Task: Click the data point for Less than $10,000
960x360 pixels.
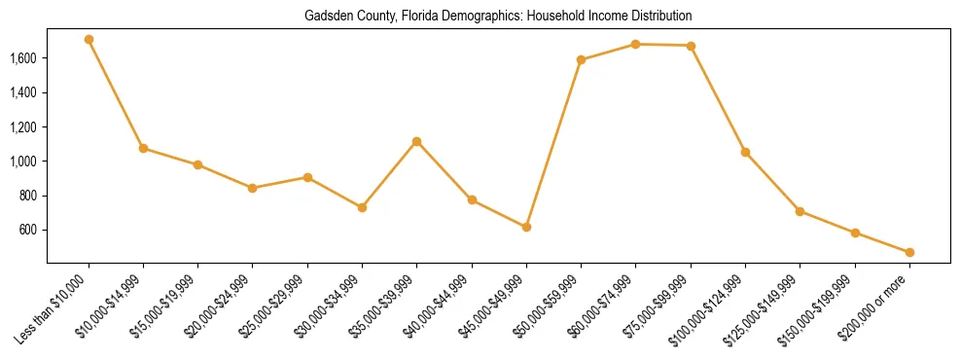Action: click(x=89, y=40)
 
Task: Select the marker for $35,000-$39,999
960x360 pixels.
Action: click(x=416, y=141)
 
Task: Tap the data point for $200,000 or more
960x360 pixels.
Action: click(x=909, y=252)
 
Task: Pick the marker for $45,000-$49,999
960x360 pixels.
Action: click(x=526, y=227)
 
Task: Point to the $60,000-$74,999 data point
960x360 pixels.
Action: click(x=635, y=44)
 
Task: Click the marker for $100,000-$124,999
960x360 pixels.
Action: click(x=745, y=152)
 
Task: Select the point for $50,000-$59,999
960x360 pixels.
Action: click(x=581, y=59)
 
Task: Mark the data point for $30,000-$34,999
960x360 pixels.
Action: click(x=362, y=207)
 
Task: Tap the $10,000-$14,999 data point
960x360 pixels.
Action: click(x=143, y=148)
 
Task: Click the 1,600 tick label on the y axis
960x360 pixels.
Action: click(x=23, y=58)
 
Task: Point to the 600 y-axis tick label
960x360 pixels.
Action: click(x=28, y=230)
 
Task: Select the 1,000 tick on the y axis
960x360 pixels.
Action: click(x=23, y=162)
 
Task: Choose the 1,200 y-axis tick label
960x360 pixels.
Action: click(x=23, y=127)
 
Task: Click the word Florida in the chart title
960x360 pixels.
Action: click(x=436, y=17)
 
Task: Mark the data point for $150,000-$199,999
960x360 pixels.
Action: click(x=855, y=233)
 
